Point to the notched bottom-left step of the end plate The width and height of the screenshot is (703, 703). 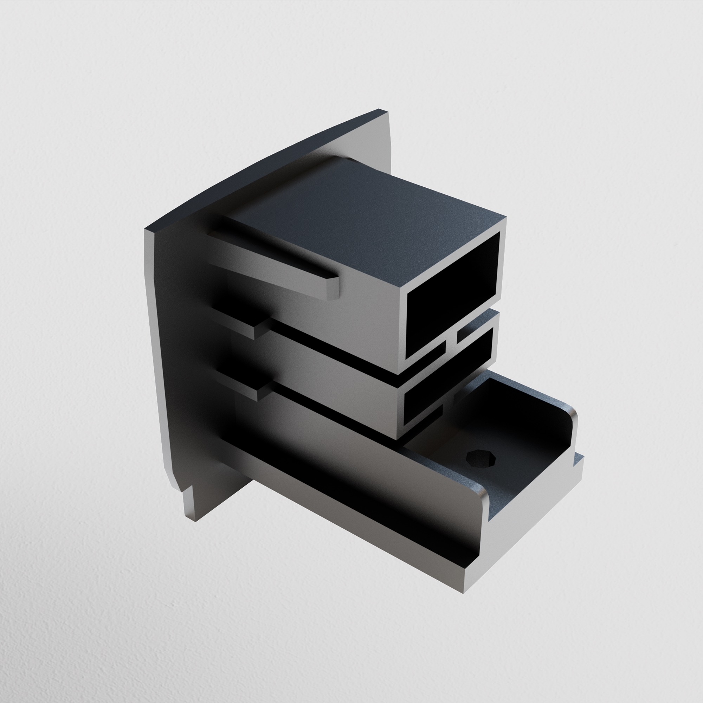tap(186, 489)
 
